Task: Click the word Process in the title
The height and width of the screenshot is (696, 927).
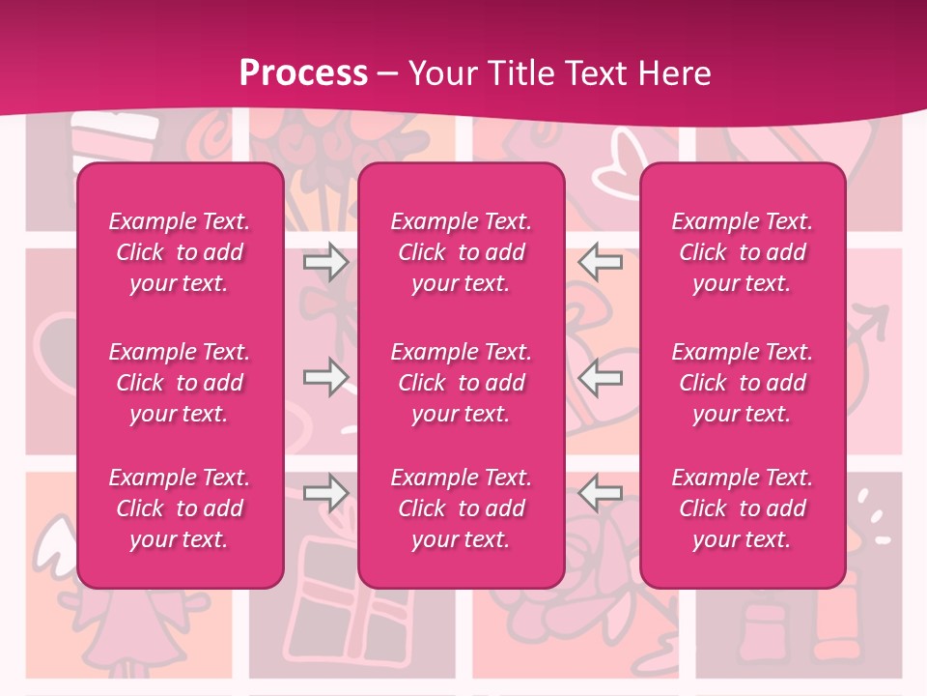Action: pos(303,72)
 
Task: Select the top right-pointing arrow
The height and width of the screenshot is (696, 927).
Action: pos(325,262)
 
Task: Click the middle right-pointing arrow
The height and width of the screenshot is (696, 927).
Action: pos(325,377)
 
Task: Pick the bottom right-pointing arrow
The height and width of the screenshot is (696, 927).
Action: pos(325,493)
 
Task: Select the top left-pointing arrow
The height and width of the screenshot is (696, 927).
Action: pos(600,262)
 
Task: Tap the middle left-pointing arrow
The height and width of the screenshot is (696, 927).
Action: pos(600,377)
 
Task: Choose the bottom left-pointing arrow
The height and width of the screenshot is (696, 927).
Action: pos(600,493)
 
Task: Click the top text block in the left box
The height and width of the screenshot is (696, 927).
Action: pos(180,252)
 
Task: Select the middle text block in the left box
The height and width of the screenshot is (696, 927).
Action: pos(180,383)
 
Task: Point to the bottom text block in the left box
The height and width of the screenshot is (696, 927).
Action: pos(180,508)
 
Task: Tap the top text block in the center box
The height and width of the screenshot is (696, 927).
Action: pos(461,252)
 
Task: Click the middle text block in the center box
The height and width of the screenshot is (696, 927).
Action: pos(461,383)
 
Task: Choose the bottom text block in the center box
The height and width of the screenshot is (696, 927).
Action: pos(461,508)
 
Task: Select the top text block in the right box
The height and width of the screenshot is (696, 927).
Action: pos(742,252)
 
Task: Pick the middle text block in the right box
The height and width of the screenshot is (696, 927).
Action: pos(742,383)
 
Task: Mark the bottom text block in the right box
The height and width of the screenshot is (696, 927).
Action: pos(742,508)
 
